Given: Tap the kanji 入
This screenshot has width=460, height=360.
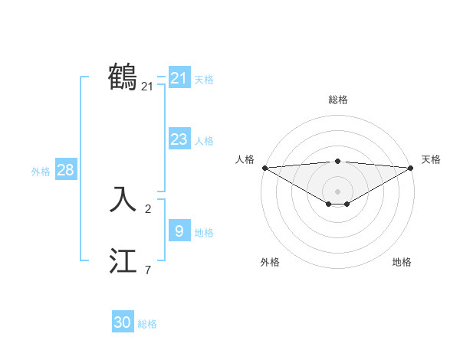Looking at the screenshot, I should point(123,199).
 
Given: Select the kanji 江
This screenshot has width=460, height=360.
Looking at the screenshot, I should point(123,260).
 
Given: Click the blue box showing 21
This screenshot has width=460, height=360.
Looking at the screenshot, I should point(179,77).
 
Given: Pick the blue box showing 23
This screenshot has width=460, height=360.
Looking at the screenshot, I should point(179,139).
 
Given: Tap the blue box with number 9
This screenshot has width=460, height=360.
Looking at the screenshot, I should point(179,231).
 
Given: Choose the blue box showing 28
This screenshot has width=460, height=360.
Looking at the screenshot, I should point(65,170).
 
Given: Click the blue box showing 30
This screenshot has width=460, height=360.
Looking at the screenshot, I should point(123,322).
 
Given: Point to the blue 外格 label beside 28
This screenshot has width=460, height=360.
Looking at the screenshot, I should point(41,172).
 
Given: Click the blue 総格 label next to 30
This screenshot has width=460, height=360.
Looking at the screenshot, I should point(147,324).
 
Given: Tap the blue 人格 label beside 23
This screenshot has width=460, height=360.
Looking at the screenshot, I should point(204,141).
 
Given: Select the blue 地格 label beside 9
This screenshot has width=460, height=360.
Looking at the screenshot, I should point(204,233).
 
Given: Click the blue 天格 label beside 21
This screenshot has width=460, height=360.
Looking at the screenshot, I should point(204,80).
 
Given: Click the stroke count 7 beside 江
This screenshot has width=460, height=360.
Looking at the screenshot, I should point(148,270).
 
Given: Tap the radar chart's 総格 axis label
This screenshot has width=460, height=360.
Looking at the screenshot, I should point(337,100).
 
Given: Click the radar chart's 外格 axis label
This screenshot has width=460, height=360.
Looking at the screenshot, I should point(270,262).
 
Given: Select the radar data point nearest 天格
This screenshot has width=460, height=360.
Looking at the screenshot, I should point(411,168).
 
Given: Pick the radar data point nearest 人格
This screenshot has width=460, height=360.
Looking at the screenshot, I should point(264,168).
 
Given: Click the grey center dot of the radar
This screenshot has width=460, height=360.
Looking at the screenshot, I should point(337,191).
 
